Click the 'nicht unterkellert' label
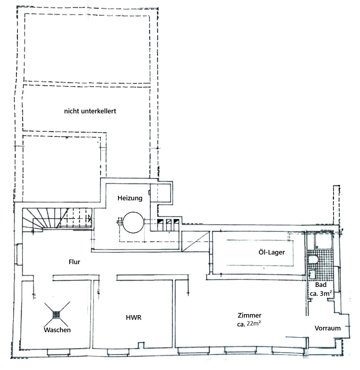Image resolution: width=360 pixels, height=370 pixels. [x=90, y=111]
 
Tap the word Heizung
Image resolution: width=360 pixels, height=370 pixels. [x=130, y=198]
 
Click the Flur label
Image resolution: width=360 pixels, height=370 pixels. [x=74, y=262]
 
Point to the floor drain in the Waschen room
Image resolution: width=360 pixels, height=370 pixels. [x=56, y=314]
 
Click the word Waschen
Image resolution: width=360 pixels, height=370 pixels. [x=57, y=330]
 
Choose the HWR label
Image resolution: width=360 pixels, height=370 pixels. [x=133, y=318]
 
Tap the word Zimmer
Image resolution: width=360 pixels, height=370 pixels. [x=249, y=315]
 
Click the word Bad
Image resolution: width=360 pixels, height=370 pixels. [x=321, y=285]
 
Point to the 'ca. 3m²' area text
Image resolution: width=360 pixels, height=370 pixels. [x=321, y=293]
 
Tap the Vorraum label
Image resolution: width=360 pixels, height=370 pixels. [x=328, y=328]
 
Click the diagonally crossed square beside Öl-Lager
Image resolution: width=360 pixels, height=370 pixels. [x=195, y=241]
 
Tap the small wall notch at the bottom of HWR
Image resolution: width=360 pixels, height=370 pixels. [x=141, y=345]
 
